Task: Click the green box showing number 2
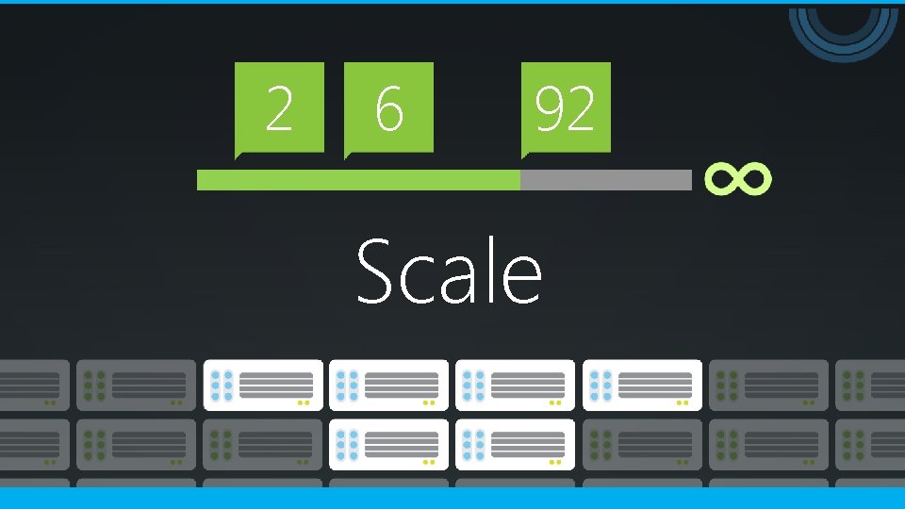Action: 279,107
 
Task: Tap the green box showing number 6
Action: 388,107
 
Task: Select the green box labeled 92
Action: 566,107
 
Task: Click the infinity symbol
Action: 738,179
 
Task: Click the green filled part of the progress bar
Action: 358,180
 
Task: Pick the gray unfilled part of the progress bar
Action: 605,180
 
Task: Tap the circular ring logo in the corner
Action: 844,28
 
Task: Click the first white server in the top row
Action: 262,385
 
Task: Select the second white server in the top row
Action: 388,385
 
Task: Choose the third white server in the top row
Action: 515,385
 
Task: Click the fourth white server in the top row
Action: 641,385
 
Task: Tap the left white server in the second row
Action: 388,445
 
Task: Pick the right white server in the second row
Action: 515,445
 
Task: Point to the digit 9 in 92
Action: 549,108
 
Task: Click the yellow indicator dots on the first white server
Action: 304,402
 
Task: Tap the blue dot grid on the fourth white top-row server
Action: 601,385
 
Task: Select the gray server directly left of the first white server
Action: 136,385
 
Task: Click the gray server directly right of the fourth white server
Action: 767,385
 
